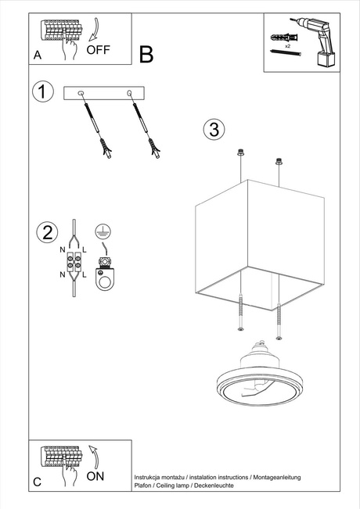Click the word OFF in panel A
click(x=99, y=50)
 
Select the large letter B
click(x=146, y=54)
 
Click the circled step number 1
click(x=43, y=91)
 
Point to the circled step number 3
click(x=214, y=129)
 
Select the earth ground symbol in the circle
click(x=100, y=231)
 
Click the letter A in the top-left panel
click(x=38, y=56)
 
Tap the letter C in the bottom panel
click(x=38, y=482)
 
